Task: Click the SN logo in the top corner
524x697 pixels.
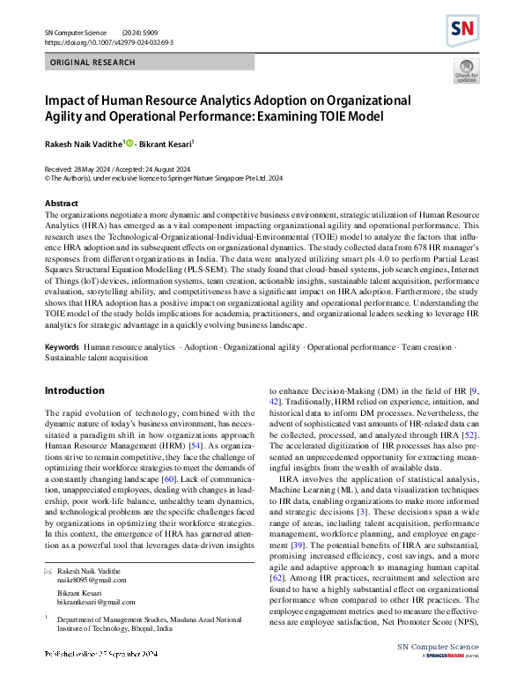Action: coord(462,33)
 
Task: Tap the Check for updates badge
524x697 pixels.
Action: coord(466,71)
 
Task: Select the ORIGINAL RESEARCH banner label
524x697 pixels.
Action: coord(93,63)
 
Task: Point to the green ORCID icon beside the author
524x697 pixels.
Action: coord(129,143)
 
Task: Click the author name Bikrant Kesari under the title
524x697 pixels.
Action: coord(166,143)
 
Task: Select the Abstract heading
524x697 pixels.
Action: coord(61,202)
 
